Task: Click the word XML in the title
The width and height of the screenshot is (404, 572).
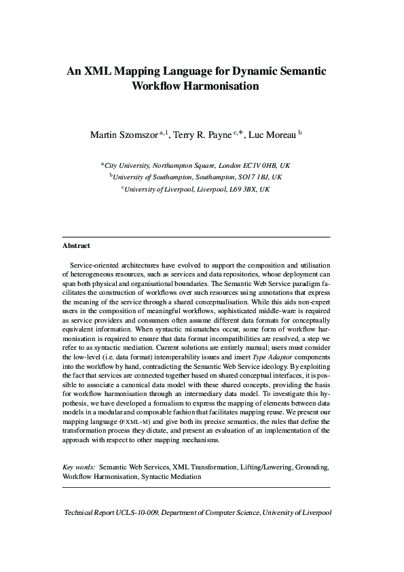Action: click(97, 71)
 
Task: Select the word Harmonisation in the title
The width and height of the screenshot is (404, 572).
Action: click(218, 87)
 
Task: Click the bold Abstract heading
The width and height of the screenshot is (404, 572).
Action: click(76, 246)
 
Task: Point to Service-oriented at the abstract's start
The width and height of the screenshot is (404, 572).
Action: click(96, 264)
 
